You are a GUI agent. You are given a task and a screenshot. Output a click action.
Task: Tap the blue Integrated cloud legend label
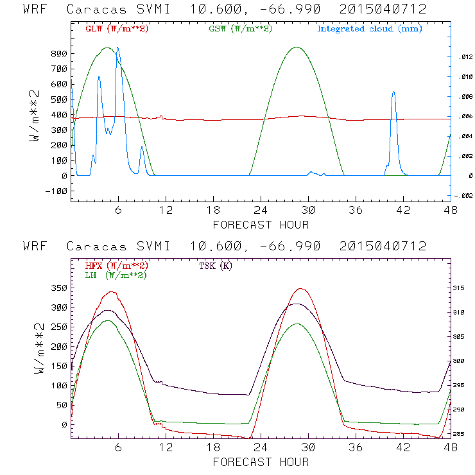[x=370, y=29]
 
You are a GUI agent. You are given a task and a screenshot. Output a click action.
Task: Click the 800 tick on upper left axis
[x=60, y=53]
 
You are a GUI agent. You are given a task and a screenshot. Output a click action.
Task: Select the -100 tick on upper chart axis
[x=57, y=191]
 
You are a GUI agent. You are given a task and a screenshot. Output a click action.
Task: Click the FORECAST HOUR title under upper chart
[x=261, y=225]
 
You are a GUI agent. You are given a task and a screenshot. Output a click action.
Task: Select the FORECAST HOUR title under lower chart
[x=261, y=462]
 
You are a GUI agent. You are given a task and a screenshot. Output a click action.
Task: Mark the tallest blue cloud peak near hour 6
[x=117, y=47]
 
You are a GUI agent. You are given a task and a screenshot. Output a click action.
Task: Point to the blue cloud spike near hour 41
[x=393, y=92]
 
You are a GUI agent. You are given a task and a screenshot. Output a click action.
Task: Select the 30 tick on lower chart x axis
[x=309, y=448]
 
